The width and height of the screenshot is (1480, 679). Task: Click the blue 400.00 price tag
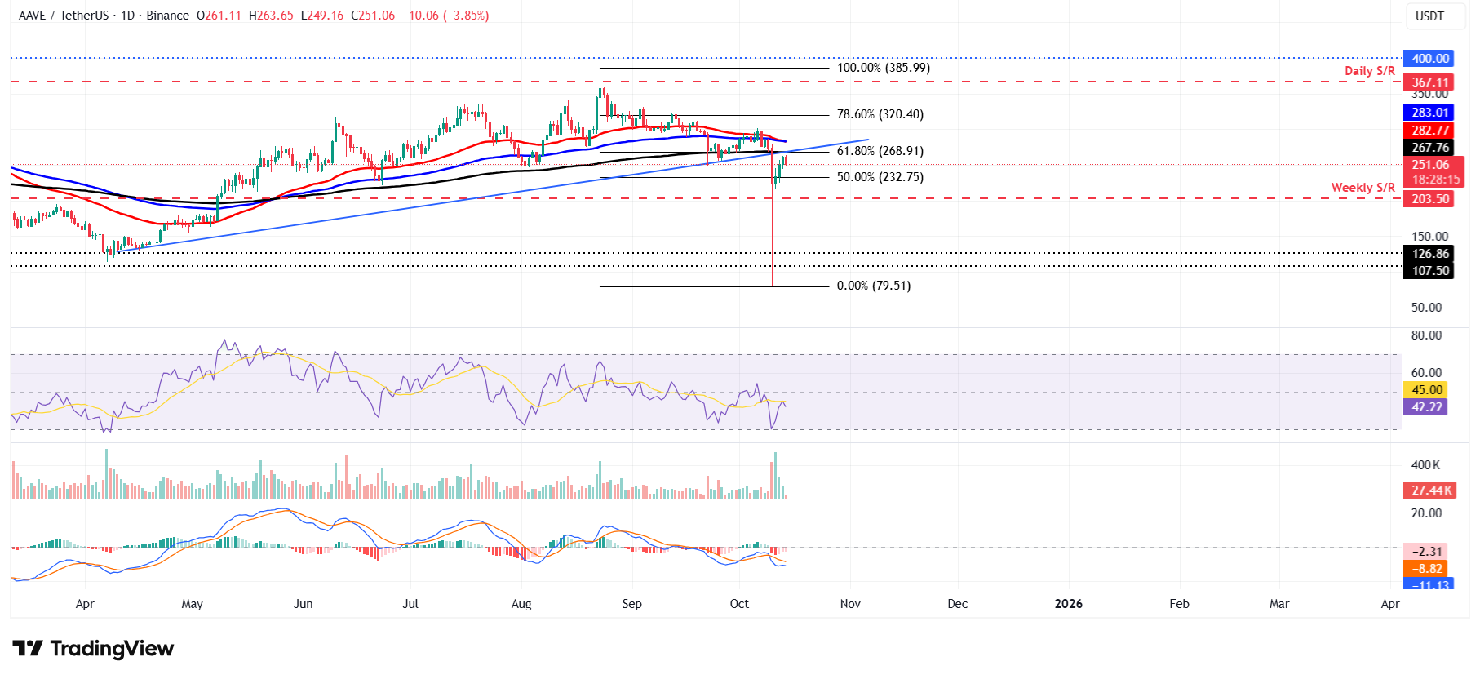1429,59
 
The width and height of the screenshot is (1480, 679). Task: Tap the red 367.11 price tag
1429,82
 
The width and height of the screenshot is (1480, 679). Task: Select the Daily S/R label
1369,71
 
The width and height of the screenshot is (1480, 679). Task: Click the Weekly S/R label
1363,188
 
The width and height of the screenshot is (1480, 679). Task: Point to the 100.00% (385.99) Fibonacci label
883,68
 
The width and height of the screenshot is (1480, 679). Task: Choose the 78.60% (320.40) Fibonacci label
880,114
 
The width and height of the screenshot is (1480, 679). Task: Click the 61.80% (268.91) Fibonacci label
880,151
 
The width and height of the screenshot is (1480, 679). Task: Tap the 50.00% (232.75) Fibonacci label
880,177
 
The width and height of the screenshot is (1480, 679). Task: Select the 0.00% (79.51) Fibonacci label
873,286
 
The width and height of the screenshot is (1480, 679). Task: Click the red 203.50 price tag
1429,199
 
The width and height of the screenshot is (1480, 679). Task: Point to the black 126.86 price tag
1429,254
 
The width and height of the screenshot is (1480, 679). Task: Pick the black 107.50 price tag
1429,271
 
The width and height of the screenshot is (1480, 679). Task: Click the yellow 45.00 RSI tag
1426,390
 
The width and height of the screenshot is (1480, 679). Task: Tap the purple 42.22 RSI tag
1426,407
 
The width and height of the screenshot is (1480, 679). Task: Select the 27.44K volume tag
1431,490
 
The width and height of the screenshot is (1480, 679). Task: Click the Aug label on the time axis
521,604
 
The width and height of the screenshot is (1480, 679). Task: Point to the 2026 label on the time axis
1068,604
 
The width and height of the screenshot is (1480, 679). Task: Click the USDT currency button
1429,16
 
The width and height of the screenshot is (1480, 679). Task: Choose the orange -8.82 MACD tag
1426,569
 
